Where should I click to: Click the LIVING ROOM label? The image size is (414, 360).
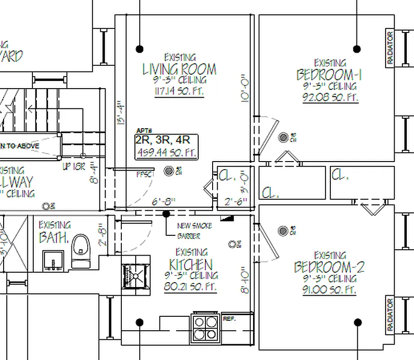(x=179, y=70)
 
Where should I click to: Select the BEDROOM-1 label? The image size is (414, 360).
(x=329, y=74)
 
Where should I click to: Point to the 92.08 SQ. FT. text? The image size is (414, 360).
(x=330, y=98)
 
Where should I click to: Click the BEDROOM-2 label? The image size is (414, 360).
(x=329, y=267)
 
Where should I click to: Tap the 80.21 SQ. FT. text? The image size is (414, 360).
(x=191, y=287)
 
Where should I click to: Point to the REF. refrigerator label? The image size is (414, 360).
(x=229, y=319)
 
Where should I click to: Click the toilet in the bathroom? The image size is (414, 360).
(x=81, y=251)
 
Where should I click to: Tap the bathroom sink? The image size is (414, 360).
(x=53, y=261)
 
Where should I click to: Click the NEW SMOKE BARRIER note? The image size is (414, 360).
(x=194, y=230)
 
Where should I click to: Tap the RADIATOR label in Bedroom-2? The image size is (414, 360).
(x=390, y=315)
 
